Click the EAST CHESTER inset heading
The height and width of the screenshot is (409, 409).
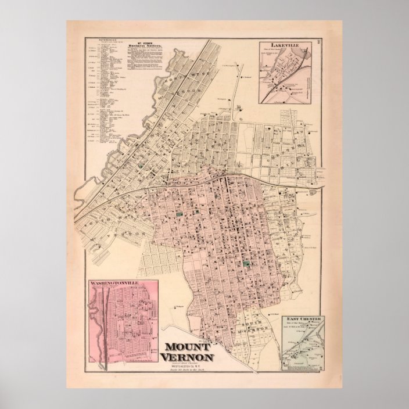click(302, 320)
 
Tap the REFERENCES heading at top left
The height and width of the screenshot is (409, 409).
click(96, 41)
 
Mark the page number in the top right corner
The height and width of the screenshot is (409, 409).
click(321, 41)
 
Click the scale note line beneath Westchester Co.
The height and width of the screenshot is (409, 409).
click(192, 371)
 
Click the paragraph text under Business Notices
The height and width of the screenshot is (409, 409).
click(145, 61)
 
